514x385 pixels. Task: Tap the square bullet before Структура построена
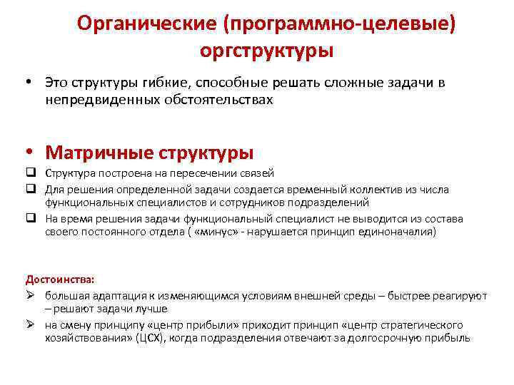tap(31, 173)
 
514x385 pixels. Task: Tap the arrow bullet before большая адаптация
tap(31, 295)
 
